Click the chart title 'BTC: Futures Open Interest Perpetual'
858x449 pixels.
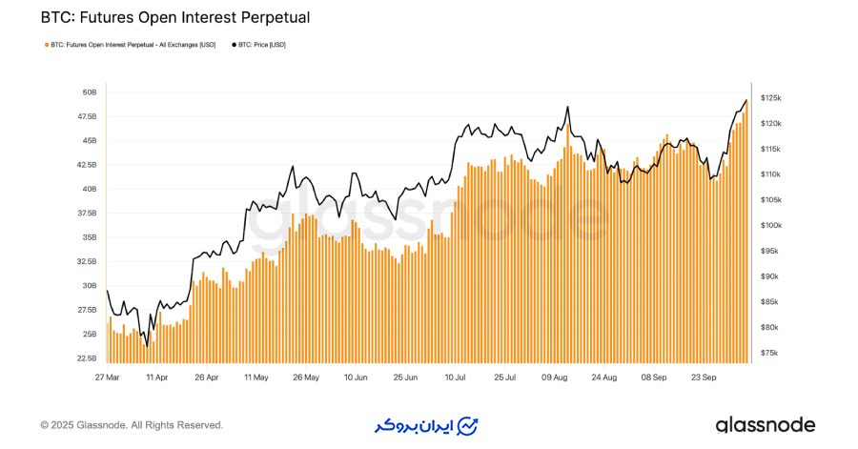tap(174, 17)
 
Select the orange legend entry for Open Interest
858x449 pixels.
tap(130, 45)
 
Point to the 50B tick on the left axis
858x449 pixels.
tap(90, 92)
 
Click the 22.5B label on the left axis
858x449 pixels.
tap(86, 358)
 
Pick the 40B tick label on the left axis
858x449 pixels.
tap(90, 189)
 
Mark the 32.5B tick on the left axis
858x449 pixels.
tap(86, 261)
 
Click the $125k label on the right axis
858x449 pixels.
tap(771, 99)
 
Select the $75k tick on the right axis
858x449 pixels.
tap(769, 353)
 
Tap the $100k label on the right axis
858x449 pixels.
tap(771, 226)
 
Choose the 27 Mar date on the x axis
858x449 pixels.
tap(107, 378)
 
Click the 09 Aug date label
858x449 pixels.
tap(554, 378)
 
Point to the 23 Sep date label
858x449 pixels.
tap(704, 378)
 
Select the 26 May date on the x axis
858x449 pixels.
tap(305, 378)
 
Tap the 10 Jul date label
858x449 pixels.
tap(454, 378)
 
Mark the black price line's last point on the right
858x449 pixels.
tap(746, 100)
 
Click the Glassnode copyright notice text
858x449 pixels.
tap(132, 425)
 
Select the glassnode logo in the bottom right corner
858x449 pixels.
tap(765, 424)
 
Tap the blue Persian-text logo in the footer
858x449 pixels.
tap(426, 424)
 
